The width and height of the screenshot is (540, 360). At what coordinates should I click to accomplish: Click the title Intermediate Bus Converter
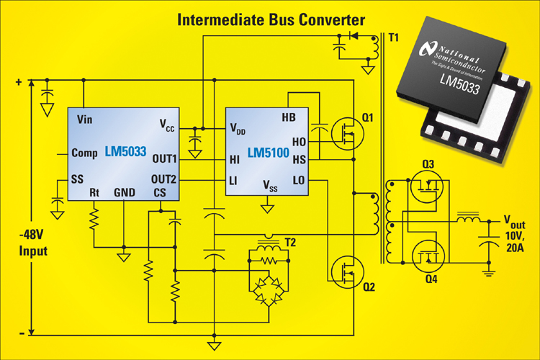[x=271, y=20]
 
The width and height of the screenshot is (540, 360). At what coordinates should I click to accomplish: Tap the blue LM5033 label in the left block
[x=126, y=152]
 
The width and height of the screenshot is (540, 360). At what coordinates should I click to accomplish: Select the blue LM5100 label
[x=269, y=153]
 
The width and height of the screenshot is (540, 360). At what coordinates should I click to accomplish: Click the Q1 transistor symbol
[x=348, y=134]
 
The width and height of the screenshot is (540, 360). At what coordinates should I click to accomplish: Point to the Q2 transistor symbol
[x=348, y=272]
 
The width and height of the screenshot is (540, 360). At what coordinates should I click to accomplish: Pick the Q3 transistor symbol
[x=427, y=186]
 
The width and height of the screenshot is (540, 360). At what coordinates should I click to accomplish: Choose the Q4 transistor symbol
[x=428, y=256]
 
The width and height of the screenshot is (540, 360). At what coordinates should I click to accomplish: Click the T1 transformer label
[x=393, y=37]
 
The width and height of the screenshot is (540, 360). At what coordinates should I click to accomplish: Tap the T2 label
[x=290, y=243]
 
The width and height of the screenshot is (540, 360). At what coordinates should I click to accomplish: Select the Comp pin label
[x=84, y=153]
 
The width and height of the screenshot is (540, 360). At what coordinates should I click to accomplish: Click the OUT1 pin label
[x=164, y=159]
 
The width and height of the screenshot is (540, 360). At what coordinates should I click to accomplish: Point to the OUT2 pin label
[x=163, y=179]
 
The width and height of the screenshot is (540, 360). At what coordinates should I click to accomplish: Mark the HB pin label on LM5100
[x=289, y=117]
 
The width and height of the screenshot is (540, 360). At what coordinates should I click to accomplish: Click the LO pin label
[x=299, y=180]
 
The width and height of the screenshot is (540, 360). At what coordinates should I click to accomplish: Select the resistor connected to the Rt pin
[x=94, y=219]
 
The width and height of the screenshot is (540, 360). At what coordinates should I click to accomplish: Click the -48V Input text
[x=32, y=243]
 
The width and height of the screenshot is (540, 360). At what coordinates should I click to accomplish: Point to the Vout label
[x=514, y=222]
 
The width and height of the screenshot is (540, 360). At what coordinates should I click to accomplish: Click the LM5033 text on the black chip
[x=460, y=84]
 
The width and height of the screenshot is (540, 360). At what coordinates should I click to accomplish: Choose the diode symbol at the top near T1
[x=354, y=35]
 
